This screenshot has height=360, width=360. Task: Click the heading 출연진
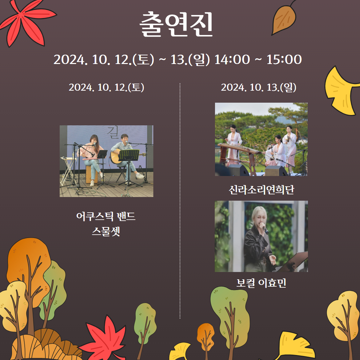coord(176,25)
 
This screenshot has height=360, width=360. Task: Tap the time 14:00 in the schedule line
coord(232,59)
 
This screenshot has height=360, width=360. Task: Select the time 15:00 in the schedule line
coord(284,59)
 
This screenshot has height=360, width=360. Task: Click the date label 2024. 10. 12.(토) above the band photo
coord(106,87)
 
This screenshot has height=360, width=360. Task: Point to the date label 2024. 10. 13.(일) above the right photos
coord(259,87)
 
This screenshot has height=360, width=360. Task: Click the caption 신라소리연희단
coord(261,190)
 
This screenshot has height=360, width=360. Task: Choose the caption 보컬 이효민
coord(261,283)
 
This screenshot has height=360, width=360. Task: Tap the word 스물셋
coord(106,231)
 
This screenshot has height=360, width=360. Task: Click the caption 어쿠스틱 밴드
coord(106,216)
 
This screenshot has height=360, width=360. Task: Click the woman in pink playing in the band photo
coord(93,158)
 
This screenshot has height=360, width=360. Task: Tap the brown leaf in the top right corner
coord(284,18)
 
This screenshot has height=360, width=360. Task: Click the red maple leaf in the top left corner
coord(26,22)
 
